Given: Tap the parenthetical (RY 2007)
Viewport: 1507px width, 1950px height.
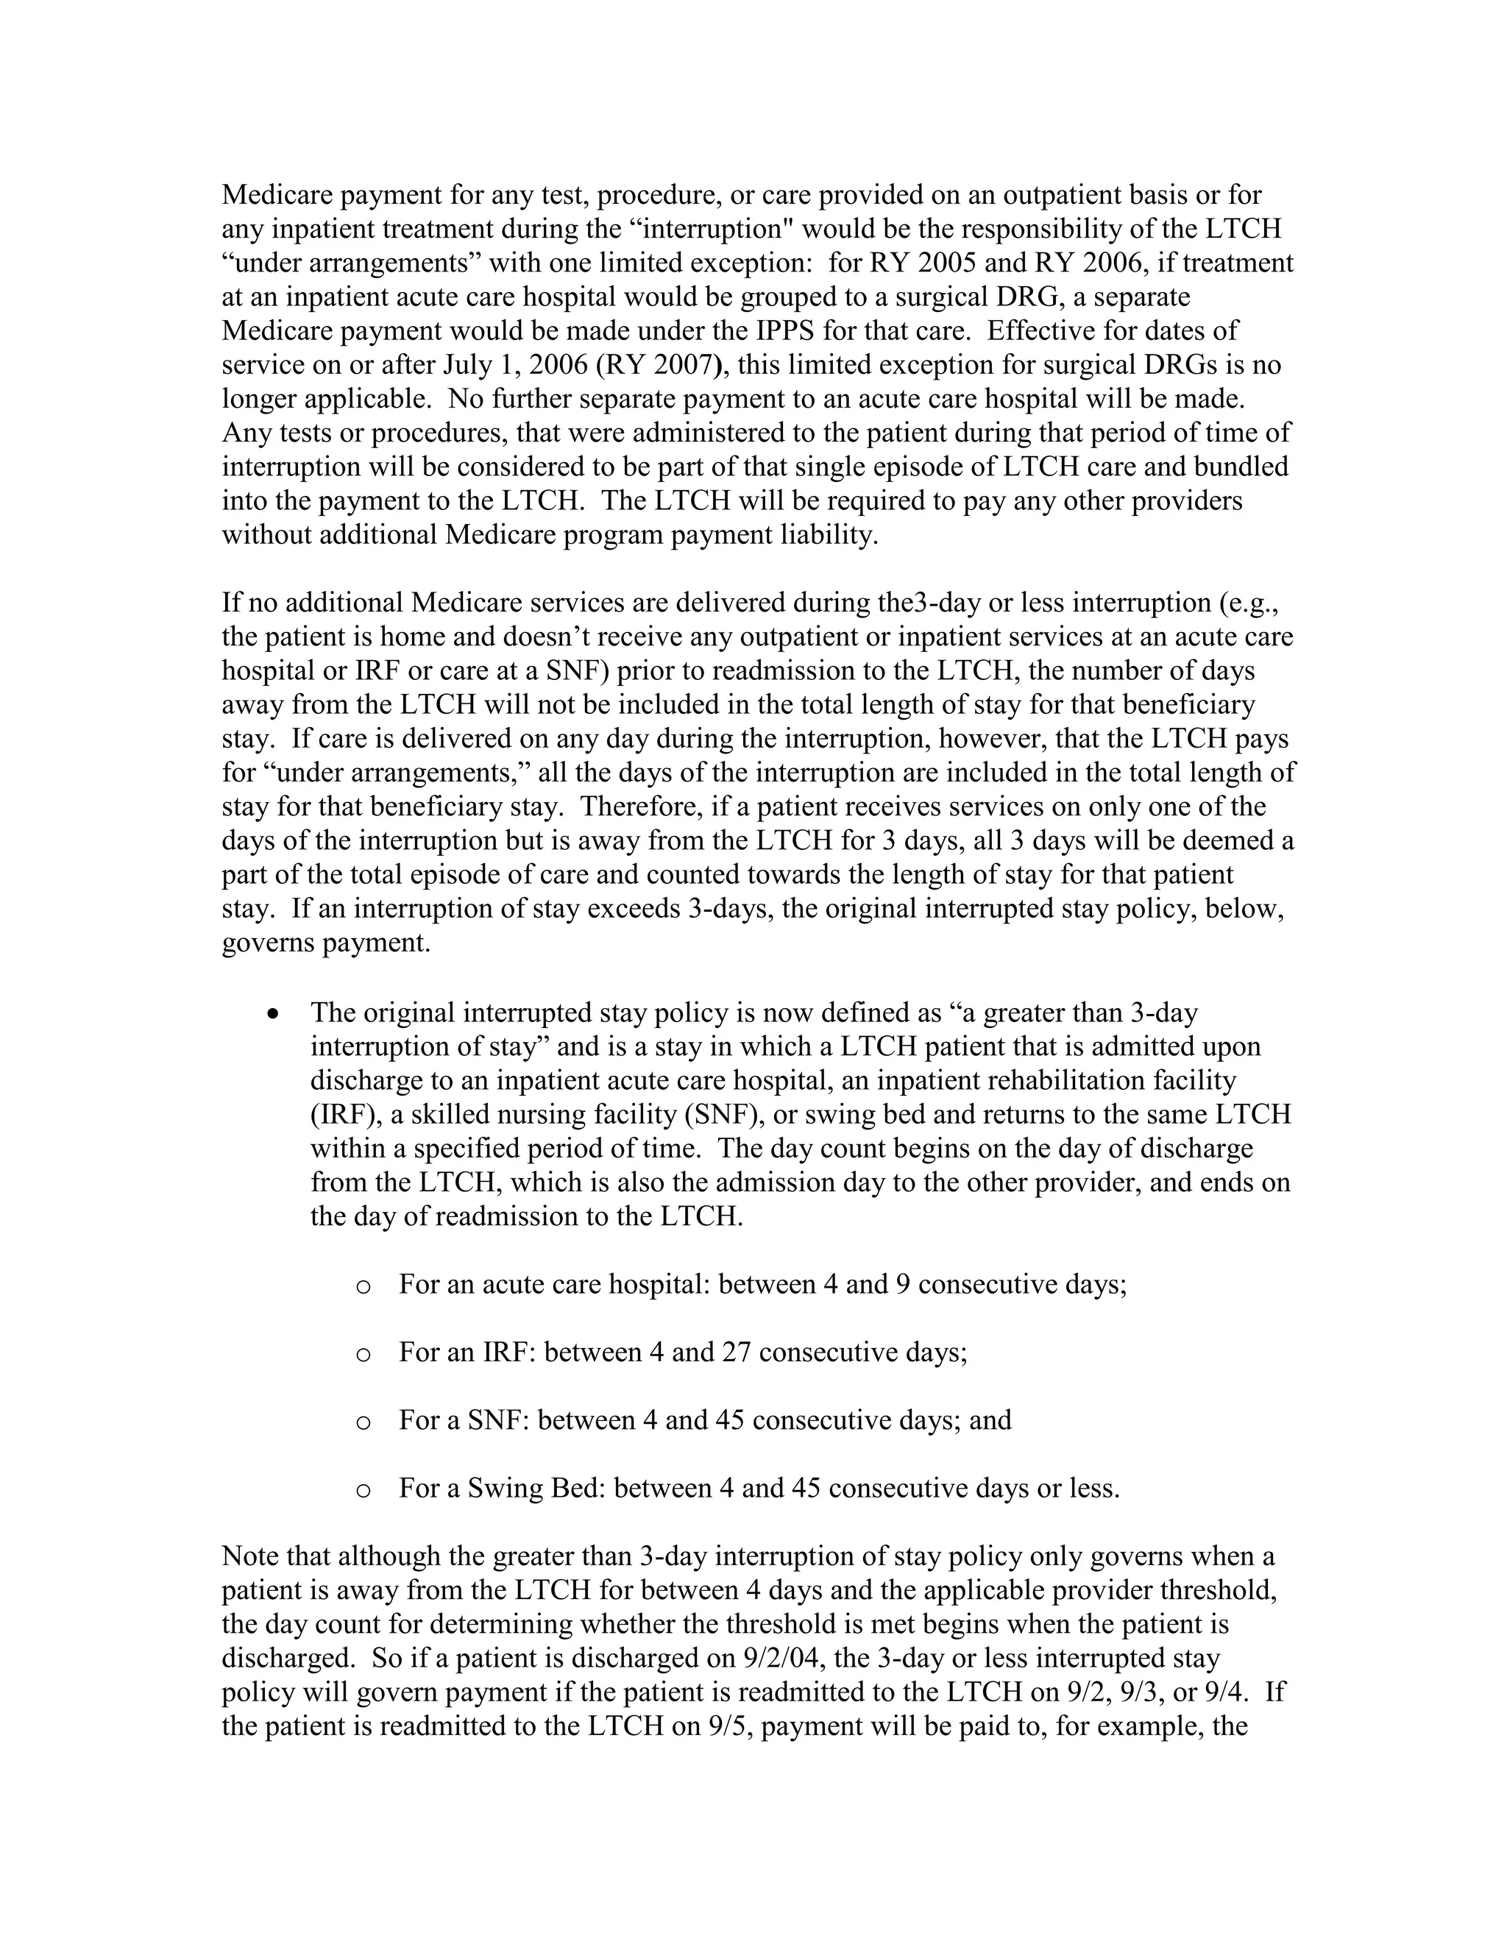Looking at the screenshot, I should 661,365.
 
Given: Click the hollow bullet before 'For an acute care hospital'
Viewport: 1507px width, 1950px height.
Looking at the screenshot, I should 363,1286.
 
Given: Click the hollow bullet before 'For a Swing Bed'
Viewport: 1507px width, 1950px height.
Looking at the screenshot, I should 363,1490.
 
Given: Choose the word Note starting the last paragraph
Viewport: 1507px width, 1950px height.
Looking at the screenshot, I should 251,1556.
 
